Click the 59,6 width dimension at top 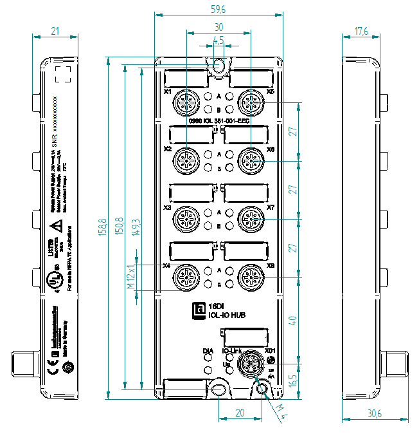[218, 9]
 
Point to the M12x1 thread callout [130, 276]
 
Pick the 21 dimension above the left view [55, 31]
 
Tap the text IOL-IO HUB [227, 315]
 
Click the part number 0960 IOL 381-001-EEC [218, 120]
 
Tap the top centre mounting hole [218, 66]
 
